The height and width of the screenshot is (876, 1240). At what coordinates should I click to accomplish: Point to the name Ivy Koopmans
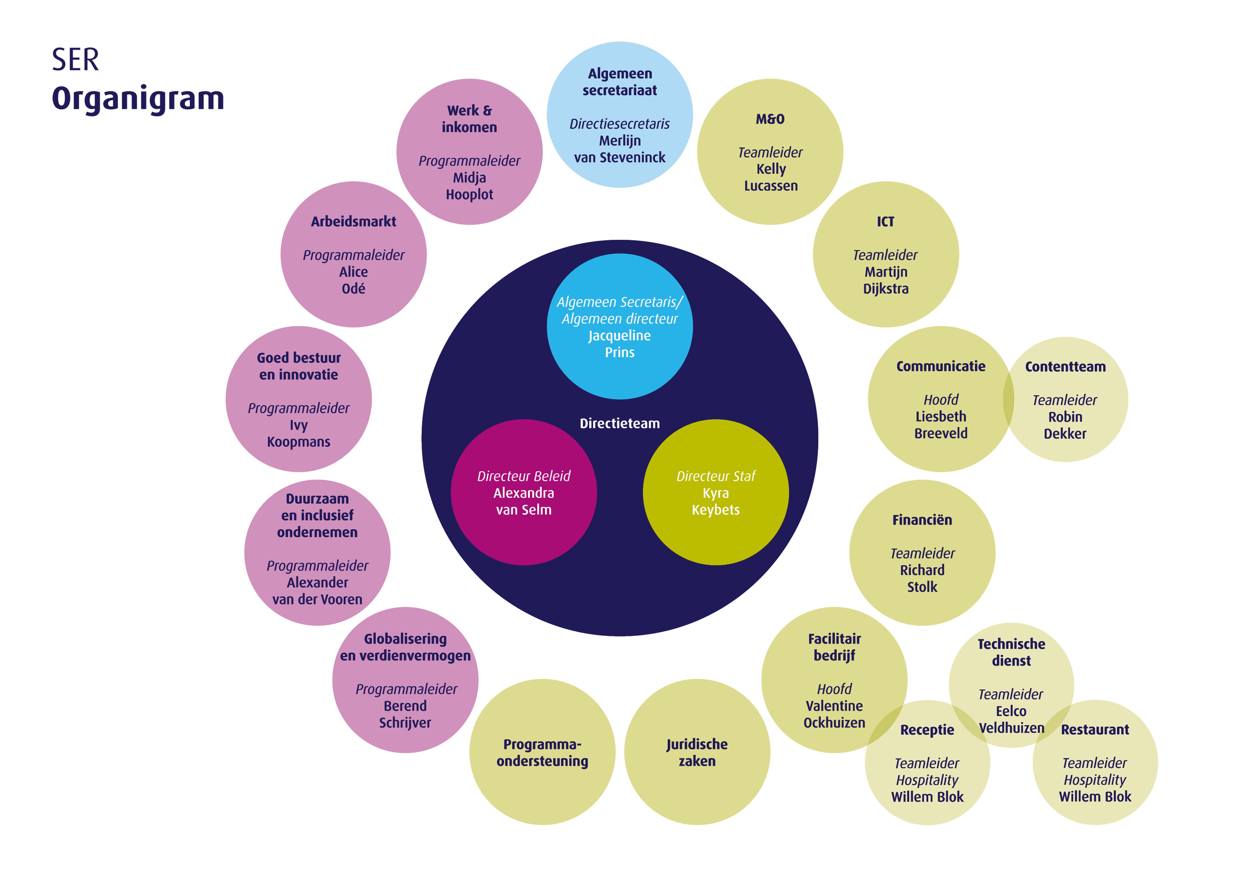coord(299,433)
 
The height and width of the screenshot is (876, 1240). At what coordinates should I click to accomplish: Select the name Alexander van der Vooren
coord(317,591)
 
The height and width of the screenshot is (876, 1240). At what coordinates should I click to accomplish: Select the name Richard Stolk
coord(923,579)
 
